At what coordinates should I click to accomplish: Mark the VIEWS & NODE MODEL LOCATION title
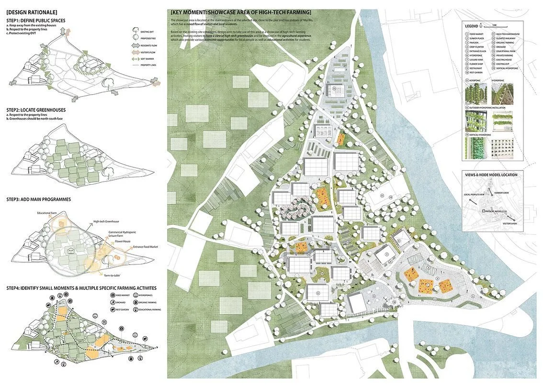coord(491,175)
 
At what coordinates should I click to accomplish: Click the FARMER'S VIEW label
coord(509,191)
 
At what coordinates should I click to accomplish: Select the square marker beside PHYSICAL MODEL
coord(484,211)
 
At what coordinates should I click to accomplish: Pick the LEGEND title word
coord(473,25)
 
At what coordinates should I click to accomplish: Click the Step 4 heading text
coord(81,288)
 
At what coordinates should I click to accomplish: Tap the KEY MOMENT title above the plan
coord(241,12)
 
